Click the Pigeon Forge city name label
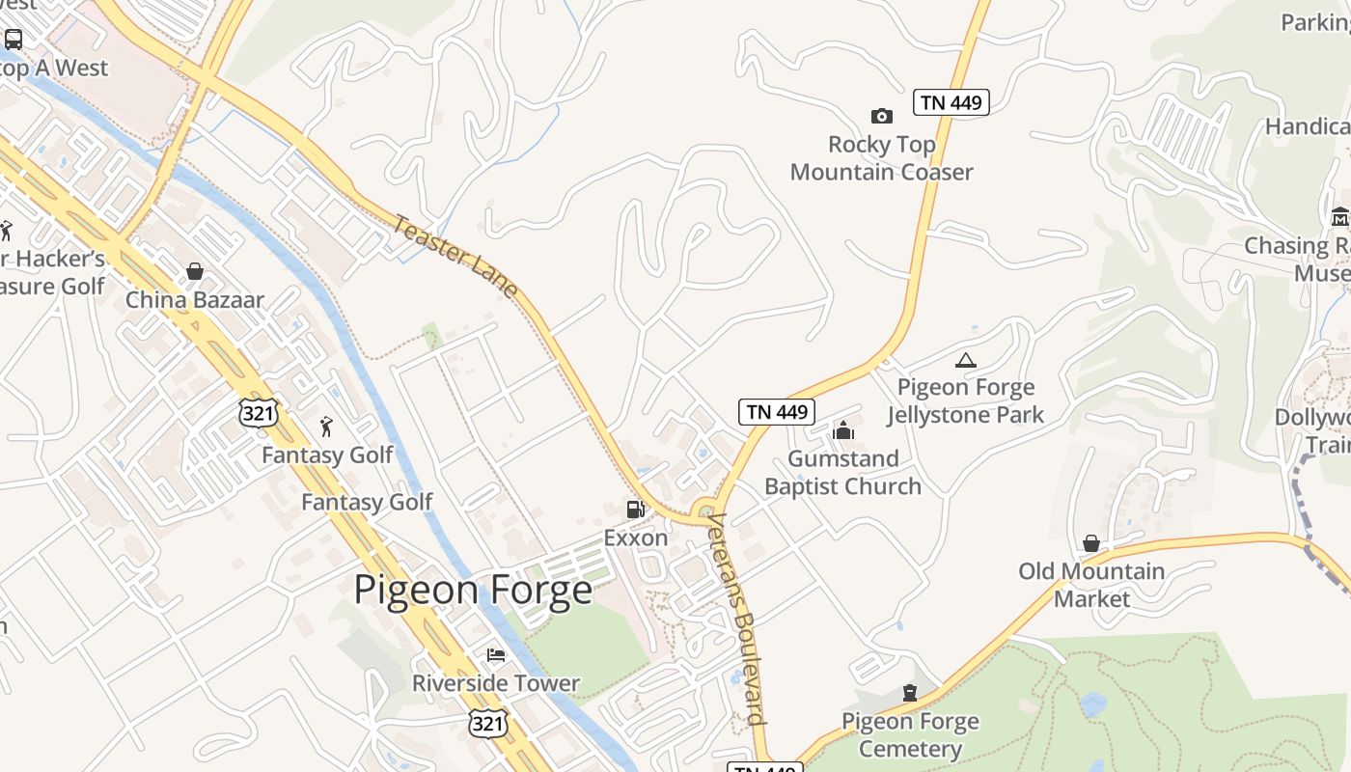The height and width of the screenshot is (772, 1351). pos(473,590)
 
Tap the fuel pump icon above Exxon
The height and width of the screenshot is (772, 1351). pos(635,509)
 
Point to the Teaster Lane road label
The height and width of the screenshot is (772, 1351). pos(455,256)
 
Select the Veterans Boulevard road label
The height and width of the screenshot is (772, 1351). pos(737,618)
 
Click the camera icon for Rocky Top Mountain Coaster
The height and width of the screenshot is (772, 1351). pos(881,116)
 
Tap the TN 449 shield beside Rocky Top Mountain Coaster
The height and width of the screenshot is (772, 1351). pos(951,102)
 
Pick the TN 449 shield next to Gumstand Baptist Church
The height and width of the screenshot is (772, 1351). pos(777,412)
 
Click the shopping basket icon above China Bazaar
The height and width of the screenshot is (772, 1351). pos(195,271)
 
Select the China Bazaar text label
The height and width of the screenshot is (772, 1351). pos(195,299)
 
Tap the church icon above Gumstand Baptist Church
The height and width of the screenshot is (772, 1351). pos(843,430)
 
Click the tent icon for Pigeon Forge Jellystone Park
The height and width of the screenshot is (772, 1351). pos(965,360)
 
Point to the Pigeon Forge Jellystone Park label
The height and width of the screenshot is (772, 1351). pos(966,401)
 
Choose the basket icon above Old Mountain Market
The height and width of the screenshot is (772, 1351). pos(1091,543)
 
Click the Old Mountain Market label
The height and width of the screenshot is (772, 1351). pos(1091,585)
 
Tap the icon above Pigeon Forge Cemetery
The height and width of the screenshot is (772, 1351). pos(909,693)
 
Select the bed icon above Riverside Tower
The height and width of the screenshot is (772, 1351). pos(496,655)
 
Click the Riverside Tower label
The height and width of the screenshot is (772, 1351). pos(496,683)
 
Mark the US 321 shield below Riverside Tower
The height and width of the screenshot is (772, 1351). pos(488,723)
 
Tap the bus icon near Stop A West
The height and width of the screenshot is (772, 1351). pos(14,40)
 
